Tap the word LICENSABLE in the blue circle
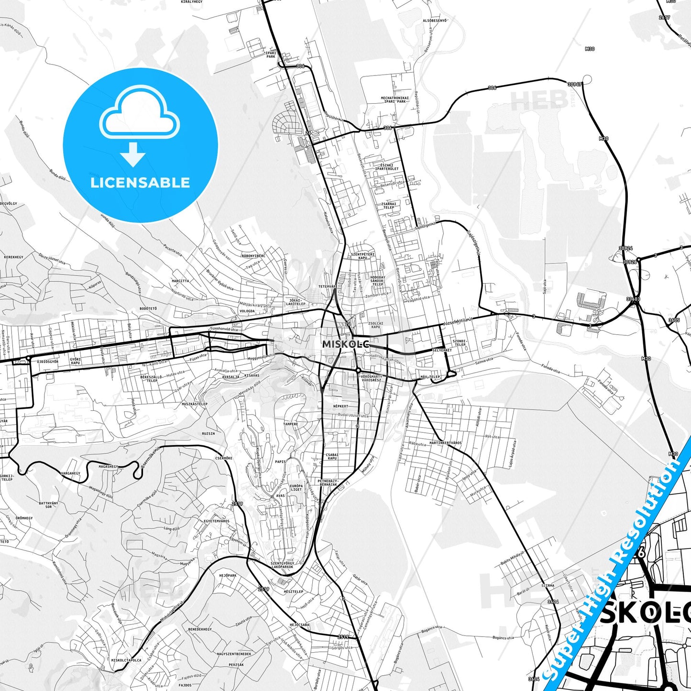point(140,183)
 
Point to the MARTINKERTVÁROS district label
point(445,443)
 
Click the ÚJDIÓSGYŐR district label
point(48,362)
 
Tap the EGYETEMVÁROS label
point(217,521)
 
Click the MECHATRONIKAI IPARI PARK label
point(394,99)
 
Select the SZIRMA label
point(548,585)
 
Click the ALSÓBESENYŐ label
point(435,21)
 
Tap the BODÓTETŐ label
point(148,308)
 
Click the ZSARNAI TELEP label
point(388,206)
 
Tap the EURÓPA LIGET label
point(296,487)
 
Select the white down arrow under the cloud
point(133,154)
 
